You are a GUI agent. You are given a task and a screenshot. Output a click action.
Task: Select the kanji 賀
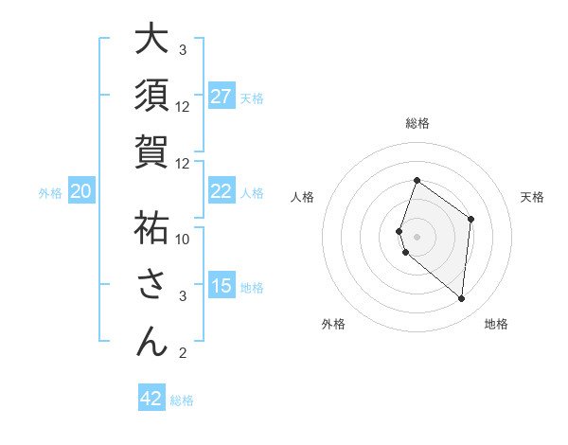pos(151,151)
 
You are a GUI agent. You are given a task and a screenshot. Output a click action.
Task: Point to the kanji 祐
pos(151,227)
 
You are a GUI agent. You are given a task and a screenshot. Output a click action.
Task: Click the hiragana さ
pos(151,284)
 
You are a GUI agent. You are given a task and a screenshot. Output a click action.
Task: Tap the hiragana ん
pos(151,341)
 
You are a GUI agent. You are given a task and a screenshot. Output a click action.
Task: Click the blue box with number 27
pos(222,97)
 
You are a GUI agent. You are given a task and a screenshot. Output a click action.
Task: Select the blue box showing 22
pos(222,191)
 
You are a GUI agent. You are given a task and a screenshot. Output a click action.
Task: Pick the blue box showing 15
pos(222,286)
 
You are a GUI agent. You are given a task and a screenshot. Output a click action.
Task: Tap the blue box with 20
pos(81,191)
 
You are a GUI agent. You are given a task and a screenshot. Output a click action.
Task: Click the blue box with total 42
pos(151,399)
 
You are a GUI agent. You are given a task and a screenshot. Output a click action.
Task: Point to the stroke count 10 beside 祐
pos(184,239)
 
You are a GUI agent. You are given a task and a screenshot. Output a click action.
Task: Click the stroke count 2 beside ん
pos(183,353)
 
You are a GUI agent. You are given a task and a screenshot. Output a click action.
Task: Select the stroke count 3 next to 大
pos(183,50)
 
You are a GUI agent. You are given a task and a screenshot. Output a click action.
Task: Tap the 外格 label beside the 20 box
pos(50,192)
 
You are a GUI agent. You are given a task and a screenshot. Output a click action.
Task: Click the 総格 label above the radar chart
pos(417,123)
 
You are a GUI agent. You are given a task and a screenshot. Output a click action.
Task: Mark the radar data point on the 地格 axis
pos(461,298)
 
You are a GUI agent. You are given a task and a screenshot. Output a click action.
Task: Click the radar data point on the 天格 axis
pos(470,219)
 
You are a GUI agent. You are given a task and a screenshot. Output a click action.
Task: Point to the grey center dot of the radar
pos(417,236)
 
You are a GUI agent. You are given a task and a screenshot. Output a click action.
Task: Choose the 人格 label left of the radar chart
pos(302,197)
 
